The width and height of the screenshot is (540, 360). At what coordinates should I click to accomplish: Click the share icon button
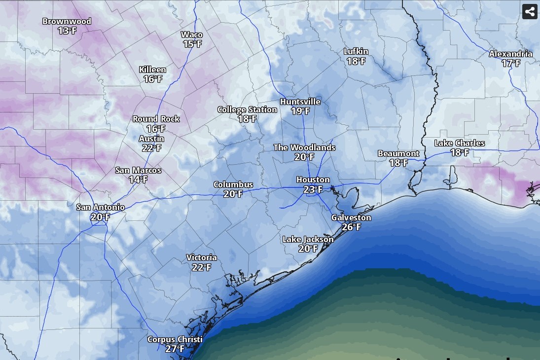(530, 11)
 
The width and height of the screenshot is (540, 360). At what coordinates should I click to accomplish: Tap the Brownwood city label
(67, 22)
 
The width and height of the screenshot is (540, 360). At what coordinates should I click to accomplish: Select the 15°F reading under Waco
(192, 44)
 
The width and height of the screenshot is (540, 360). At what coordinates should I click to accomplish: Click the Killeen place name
(152, 70)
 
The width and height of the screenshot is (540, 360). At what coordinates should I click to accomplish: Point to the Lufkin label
(356, 52)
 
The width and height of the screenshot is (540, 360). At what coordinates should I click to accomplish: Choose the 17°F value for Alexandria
(511, 64)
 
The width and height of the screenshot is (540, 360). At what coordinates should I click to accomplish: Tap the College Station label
(247, 110)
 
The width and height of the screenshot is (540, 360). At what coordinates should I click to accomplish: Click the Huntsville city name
(300, 102)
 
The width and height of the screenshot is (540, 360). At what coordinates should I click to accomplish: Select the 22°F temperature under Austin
(151, 148)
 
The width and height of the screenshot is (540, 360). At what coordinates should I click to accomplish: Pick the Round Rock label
(156, 119)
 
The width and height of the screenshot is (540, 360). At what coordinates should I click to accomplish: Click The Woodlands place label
(304, 148)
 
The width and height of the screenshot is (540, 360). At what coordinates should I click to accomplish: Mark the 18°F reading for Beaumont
(398, 163)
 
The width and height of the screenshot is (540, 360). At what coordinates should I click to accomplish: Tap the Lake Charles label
(460, 144)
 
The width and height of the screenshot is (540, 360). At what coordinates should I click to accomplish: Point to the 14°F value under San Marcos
(138, 180)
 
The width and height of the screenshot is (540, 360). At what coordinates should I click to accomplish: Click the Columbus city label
(233, 185)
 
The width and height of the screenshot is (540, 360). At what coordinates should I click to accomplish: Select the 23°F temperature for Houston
(313, 189)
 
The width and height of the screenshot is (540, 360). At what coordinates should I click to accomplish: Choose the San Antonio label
(100, 208)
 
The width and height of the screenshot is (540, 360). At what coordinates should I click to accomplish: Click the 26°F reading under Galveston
(351, 227)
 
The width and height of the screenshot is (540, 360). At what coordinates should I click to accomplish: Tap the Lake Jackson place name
(308, 240)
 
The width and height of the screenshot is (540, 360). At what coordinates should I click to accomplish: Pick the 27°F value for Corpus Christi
(175, 349)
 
